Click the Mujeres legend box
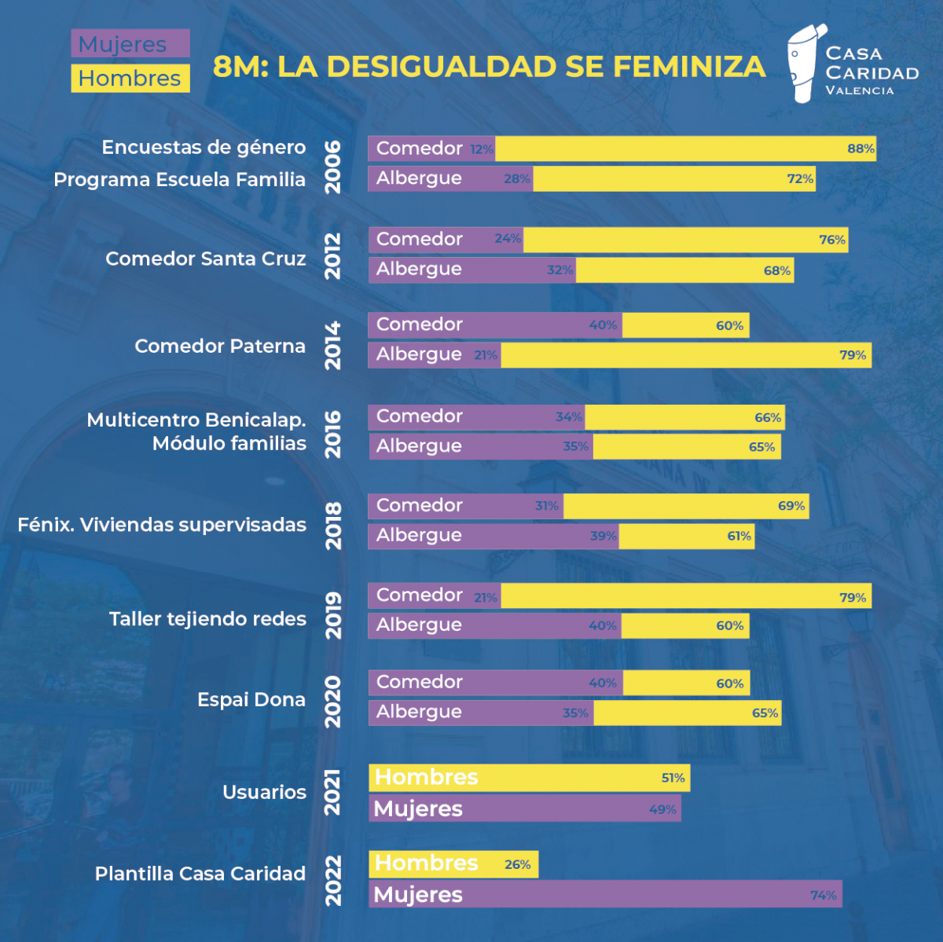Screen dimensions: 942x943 pyautogui.click(x=130, y=44)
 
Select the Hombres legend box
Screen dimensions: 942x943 pyautogui.click(x=130, y=79)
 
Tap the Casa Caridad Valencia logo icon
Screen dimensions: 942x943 pyautogui.click(x=805, y=64)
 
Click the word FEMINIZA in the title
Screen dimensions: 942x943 pyautogui.click(x=689, y=67)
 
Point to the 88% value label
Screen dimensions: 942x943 pyautogui.click(x=860, y=148)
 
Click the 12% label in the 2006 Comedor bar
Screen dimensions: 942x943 pyautogui.click(x=482, y=149)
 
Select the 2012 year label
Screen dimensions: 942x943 pyautogui.click(x=333, y=255)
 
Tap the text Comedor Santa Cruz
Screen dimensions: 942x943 pyautogui.click(x=205, y=258)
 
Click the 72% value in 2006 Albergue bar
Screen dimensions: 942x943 pyautogui.click(x=800, y=179)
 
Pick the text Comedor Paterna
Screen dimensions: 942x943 pyautogui.click(x=219, y=346)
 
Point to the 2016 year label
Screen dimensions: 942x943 pyautogui.click(x=333, y=434)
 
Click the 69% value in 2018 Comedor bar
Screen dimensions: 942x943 pyautogui.click(x=791, y=506)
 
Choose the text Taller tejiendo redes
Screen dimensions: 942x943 pyautogui.click(x=207, y=619)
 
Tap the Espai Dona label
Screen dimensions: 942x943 pyautogui.click(x=251, y=699)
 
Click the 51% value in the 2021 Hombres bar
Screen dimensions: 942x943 pyautogui.click(x=673, y=778)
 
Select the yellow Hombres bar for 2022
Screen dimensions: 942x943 pyautogui.click(x=453, y=863)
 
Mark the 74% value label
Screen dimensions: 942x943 pyautogui.click(x=823, y=895)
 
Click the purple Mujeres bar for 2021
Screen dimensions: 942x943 pyautogui.click(x=524, y=808)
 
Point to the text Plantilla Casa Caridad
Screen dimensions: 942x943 pyautogui.click(x=200, y=874)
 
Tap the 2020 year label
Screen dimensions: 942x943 pyautogui.click(x=333, y=701)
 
